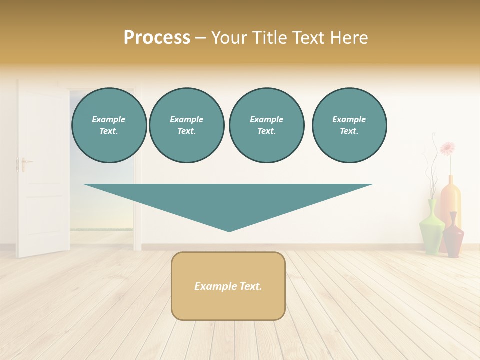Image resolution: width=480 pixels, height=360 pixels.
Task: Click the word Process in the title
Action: point(157,38)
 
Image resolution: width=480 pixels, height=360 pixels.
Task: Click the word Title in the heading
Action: point(269,38)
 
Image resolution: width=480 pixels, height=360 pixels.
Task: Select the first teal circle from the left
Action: point(109,125)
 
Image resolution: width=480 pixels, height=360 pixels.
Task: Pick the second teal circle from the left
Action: point(187,125)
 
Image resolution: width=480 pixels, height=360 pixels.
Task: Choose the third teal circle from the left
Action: point(267,125)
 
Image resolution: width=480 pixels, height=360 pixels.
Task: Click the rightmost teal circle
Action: point(349,125)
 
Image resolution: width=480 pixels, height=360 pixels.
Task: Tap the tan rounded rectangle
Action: point(228,286)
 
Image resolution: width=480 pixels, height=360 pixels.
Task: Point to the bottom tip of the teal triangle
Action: point(229,230)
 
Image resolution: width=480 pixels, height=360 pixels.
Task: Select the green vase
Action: point(431,229)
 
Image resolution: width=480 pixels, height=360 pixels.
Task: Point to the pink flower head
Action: point(448,148)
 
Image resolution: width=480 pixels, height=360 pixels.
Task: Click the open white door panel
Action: point(43,170)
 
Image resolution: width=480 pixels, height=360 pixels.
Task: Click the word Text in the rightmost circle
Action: point(349,131)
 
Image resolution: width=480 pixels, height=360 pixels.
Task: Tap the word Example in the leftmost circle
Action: point(109,119)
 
